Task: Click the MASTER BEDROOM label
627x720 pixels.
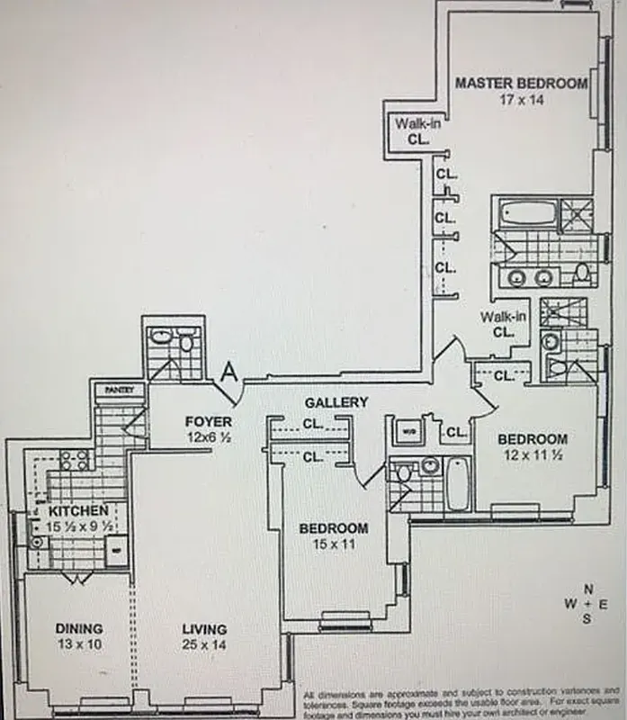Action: coord(521,83)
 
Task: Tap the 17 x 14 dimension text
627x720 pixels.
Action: coord(522,99)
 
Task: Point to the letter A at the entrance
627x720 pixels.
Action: coord(228,371)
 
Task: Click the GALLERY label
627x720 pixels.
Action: coord(336,402)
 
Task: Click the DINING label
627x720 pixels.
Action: coord(78,628)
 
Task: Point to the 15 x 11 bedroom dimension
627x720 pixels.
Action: coord(334,544)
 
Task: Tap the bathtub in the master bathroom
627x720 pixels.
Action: coord(526,213)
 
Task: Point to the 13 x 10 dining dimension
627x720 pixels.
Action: coord(78,645)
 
